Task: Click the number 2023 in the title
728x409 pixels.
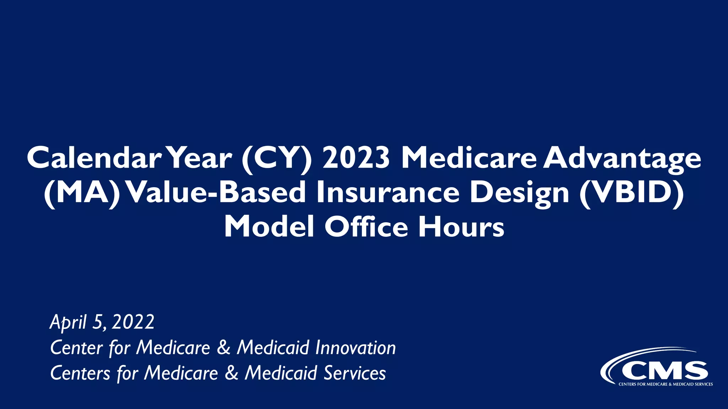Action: click(x=356, y=158)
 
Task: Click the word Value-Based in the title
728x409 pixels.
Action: click(x=216, y=193)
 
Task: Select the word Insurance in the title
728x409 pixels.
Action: click(x=388, y=193)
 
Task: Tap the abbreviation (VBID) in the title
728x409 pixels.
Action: click(x=631, y=193)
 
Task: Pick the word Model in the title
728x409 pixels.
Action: click(x=269, y=227)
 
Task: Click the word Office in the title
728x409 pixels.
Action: click(x=366, y=227)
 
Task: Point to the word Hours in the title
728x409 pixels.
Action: click(x=461, y=227)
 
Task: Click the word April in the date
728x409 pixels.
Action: click(x=68, y=322)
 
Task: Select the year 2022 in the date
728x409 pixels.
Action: click(x=133, y=322)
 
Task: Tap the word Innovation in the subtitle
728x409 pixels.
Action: click(x=355, y=348)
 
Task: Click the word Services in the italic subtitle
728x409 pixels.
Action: click(x=355, y=373)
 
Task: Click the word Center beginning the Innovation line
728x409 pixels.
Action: click(x=76, y=348)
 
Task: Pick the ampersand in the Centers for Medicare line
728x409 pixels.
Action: click(x=232, y=373)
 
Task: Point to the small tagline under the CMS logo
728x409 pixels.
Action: click(x=665, y=384)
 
